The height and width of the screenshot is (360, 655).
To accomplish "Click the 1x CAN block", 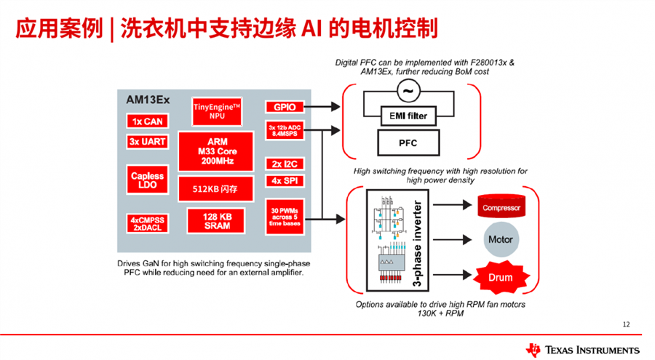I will (x=148, y=121).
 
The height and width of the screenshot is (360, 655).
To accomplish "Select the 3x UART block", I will (x=148, y=141).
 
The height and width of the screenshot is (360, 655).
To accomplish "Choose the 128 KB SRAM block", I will (x=218, y=221).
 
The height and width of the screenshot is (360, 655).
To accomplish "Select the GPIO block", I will (x=285, y=107).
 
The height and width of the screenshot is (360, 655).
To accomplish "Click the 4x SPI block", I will (x=284, y=180).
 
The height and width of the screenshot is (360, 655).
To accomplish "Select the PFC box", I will (x=408, y=143).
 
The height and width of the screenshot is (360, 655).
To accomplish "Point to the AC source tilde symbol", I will (x=408, y=91).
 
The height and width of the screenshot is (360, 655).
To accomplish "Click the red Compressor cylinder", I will (x=501, y=207).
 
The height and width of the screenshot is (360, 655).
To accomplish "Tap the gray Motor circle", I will (x=500, y=239).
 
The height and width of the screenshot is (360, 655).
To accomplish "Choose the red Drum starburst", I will (x=500, y=277).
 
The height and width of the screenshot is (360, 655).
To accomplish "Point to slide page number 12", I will (x=627, y=324).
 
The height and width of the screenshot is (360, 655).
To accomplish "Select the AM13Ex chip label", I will (x=148, y=100).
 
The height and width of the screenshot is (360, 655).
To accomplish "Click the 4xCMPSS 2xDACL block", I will (x=148, y=223).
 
